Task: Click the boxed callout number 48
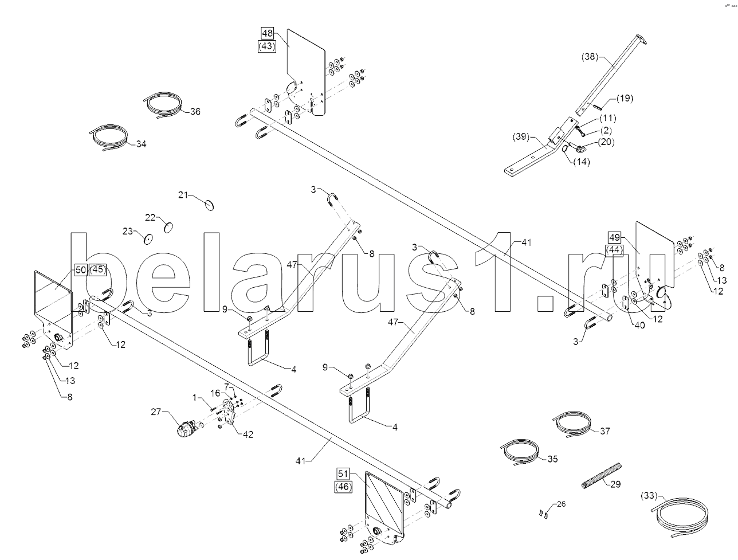click(x=267, y=33)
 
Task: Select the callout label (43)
click(x=267, y=46)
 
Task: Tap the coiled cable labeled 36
click(x=163, y=104)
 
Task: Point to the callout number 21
click(x=183, y=195)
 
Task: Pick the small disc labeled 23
click(x=148, y=239)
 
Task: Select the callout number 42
click(x=248, y=434)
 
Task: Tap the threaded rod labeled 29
click(x=602, y=476)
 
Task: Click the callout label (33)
click(x=649, y=495)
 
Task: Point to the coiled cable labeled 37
click(x=572, y=424)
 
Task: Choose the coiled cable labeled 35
click(x=519, y=452)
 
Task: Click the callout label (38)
click(x=590, y=57)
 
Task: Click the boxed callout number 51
click(x=343, y=474)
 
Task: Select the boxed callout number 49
click(x=615, y=237)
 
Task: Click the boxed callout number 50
click(x=81, y=270)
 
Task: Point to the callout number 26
click(x=561, y=504)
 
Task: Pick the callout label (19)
click(x=625, y=98)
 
